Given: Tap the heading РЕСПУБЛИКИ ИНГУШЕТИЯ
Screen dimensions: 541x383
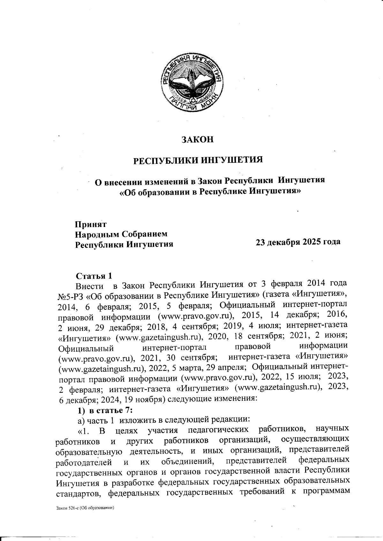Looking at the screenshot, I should click(198, 159).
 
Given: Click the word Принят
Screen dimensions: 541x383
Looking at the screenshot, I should click(91, 224).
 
